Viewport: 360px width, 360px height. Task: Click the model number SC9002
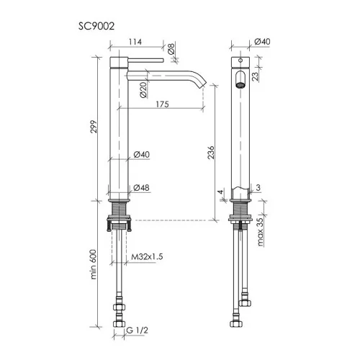click(x=96, y=26)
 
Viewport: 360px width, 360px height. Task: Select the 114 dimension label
click(x=135, y=42)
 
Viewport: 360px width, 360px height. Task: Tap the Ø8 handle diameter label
click(x=171, y=48)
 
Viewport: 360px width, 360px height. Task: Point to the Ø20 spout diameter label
click(x=143, y=89)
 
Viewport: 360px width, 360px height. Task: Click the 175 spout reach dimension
click(x=163, y=104)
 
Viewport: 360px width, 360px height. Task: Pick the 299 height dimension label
click(x=94, y=127)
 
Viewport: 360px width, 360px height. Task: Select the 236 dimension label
click(x=210, y=152)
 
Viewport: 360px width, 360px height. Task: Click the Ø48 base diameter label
click(x=141, y=188)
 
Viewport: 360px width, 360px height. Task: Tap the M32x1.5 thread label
click(x=147, y=256)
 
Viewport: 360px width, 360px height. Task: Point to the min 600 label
click(x=93, y=264)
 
